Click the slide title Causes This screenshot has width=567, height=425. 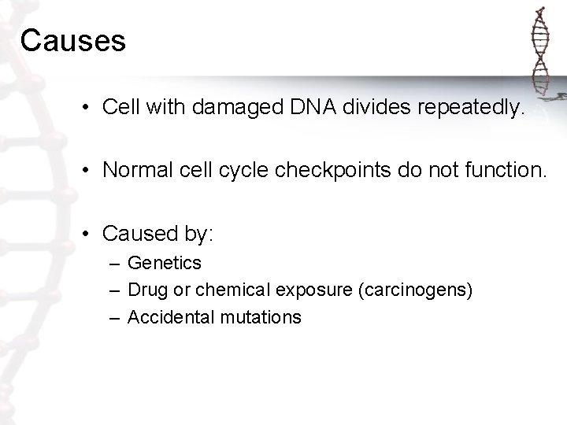pos(73,41)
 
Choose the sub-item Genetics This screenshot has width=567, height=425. pos(165,263)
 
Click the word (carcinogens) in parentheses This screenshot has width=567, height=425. pos(415,290)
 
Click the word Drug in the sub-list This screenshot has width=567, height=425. pos(143,290)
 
